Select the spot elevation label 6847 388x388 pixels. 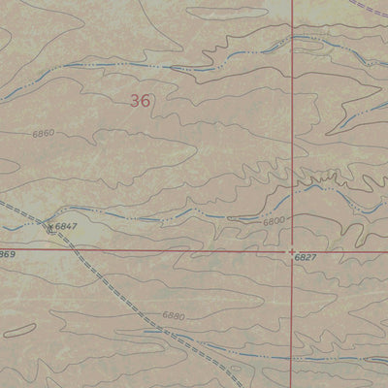click(x=66, y=226)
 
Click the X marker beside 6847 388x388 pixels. click(x=50, y=227)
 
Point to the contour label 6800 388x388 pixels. click(x=275, y=222)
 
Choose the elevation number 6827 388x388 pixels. click(x=306, y=258)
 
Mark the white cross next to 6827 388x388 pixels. click(x=292, y=249)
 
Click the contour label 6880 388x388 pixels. click(x=173, y=315)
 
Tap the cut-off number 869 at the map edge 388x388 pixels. click(x=7, y=254)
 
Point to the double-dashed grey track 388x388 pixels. click(x=126, y=291)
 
